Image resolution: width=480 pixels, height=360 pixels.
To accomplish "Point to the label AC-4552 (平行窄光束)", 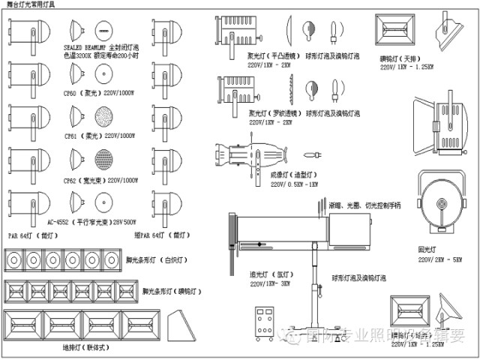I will coord(91,223).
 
